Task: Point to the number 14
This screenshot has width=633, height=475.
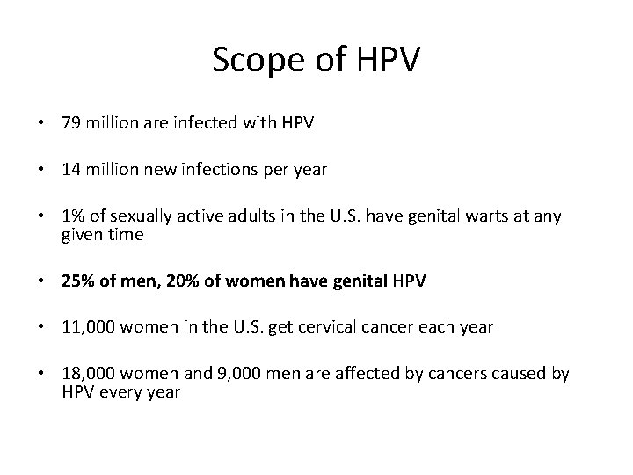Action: click(x=71, y=170)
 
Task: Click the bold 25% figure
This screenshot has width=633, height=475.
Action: click(x=76, y=282)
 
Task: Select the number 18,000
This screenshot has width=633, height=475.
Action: click(x=86, y=375)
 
